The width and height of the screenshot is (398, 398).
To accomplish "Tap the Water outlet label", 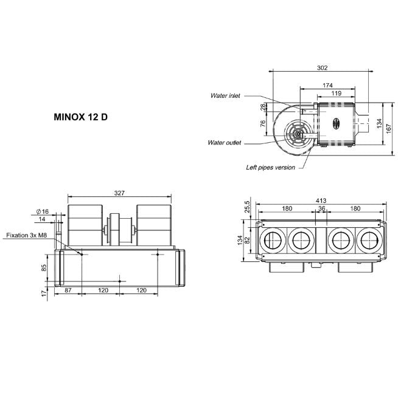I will [x=225, y=143].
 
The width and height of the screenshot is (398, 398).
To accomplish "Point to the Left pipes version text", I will [x=271, y=167].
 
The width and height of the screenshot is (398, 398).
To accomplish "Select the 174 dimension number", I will [x=327, y=85].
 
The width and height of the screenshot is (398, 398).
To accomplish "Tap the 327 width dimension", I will [x=119, y=193].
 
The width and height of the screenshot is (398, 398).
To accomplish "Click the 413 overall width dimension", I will [x=321, y=201].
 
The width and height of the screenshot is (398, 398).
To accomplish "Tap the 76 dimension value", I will [x=263, y=123].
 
